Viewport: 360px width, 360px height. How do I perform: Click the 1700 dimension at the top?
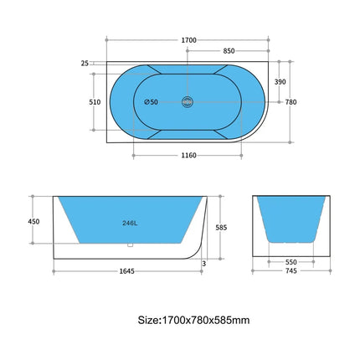pyautogui.click(x=188, y=39)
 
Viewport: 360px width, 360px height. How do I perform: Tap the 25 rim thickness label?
pyautogui.click(x=85, y=63)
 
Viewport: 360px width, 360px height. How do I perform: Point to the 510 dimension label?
pyautogui.click(x=95, y=102)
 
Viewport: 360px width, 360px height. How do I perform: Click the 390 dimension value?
pyautogui.click(x=280, y=82)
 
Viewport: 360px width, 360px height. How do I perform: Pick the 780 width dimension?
pyautogui.click(x=291, y=102)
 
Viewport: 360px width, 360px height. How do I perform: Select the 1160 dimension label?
pyautogui.click(x=188, y=156)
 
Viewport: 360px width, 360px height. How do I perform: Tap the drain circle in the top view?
pyautogui.click(x=188, y=102)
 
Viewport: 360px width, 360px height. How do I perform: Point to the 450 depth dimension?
pyautogui.click(x=34, y=222)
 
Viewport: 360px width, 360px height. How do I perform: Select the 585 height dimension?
pyautogui.click(x=222, y=226)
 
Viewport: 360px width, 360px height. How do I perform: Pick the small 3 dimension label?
pyautogui.click(x=204, y=263)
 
